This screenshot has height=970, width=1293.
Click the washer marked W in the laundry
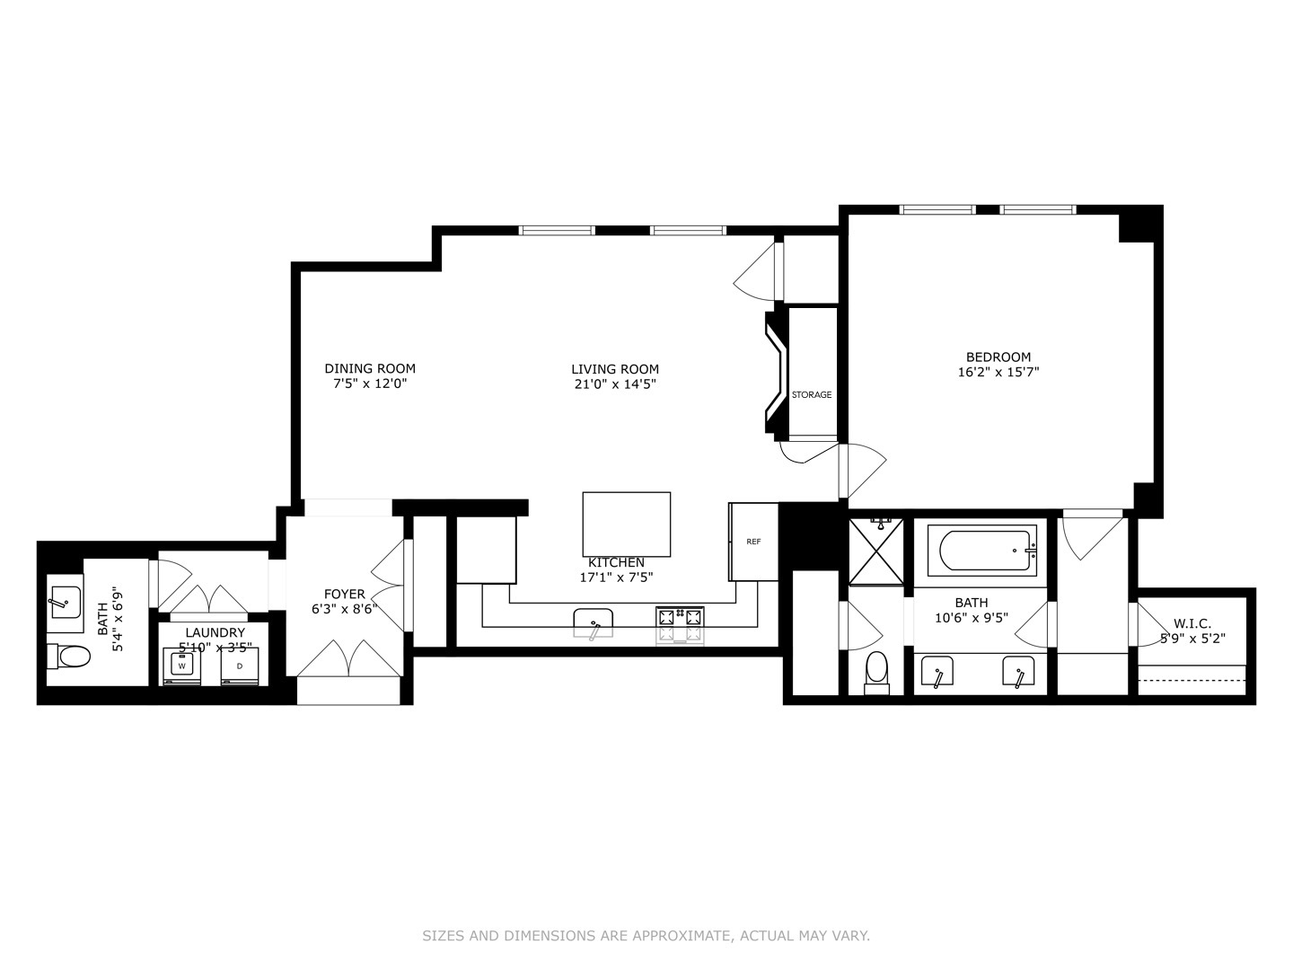click(182, 666)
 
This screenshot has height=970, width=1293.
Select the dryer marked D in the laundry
click(239, 666)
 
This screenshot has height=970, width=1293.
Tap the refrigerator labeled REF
click(753, 542)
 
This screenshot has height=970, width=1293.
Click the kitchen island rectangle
click(626, 525)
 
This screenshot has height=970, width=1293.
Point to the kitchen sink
click(593, 621)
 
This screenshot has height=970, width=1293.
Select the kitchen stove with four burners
click(680, 624)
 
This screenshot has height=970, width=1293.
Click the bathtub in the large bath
click(981, 551)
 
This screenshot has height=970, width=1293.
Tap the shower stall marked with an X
click(876, 551)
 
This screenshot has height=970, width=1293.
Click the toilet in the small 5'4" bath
click(69, 657)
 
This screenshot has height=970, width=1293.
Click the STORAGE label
click(811, 395)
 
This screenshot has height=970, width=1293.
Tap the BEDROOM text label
click(998, 357)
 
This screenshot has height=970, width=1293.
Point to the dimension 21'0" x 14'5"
click(615, 384)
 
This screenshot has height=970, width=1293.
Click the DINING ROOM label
click(370, 368)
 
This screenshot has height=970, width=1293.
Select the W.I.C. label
click(1192, 623)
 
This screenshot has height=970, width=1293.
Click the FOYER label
click(344, 594)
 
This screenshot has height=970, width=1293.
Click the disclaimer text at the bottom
click(646, 936)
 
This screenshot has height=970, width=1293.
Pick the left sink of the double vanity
click(938, 672)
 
